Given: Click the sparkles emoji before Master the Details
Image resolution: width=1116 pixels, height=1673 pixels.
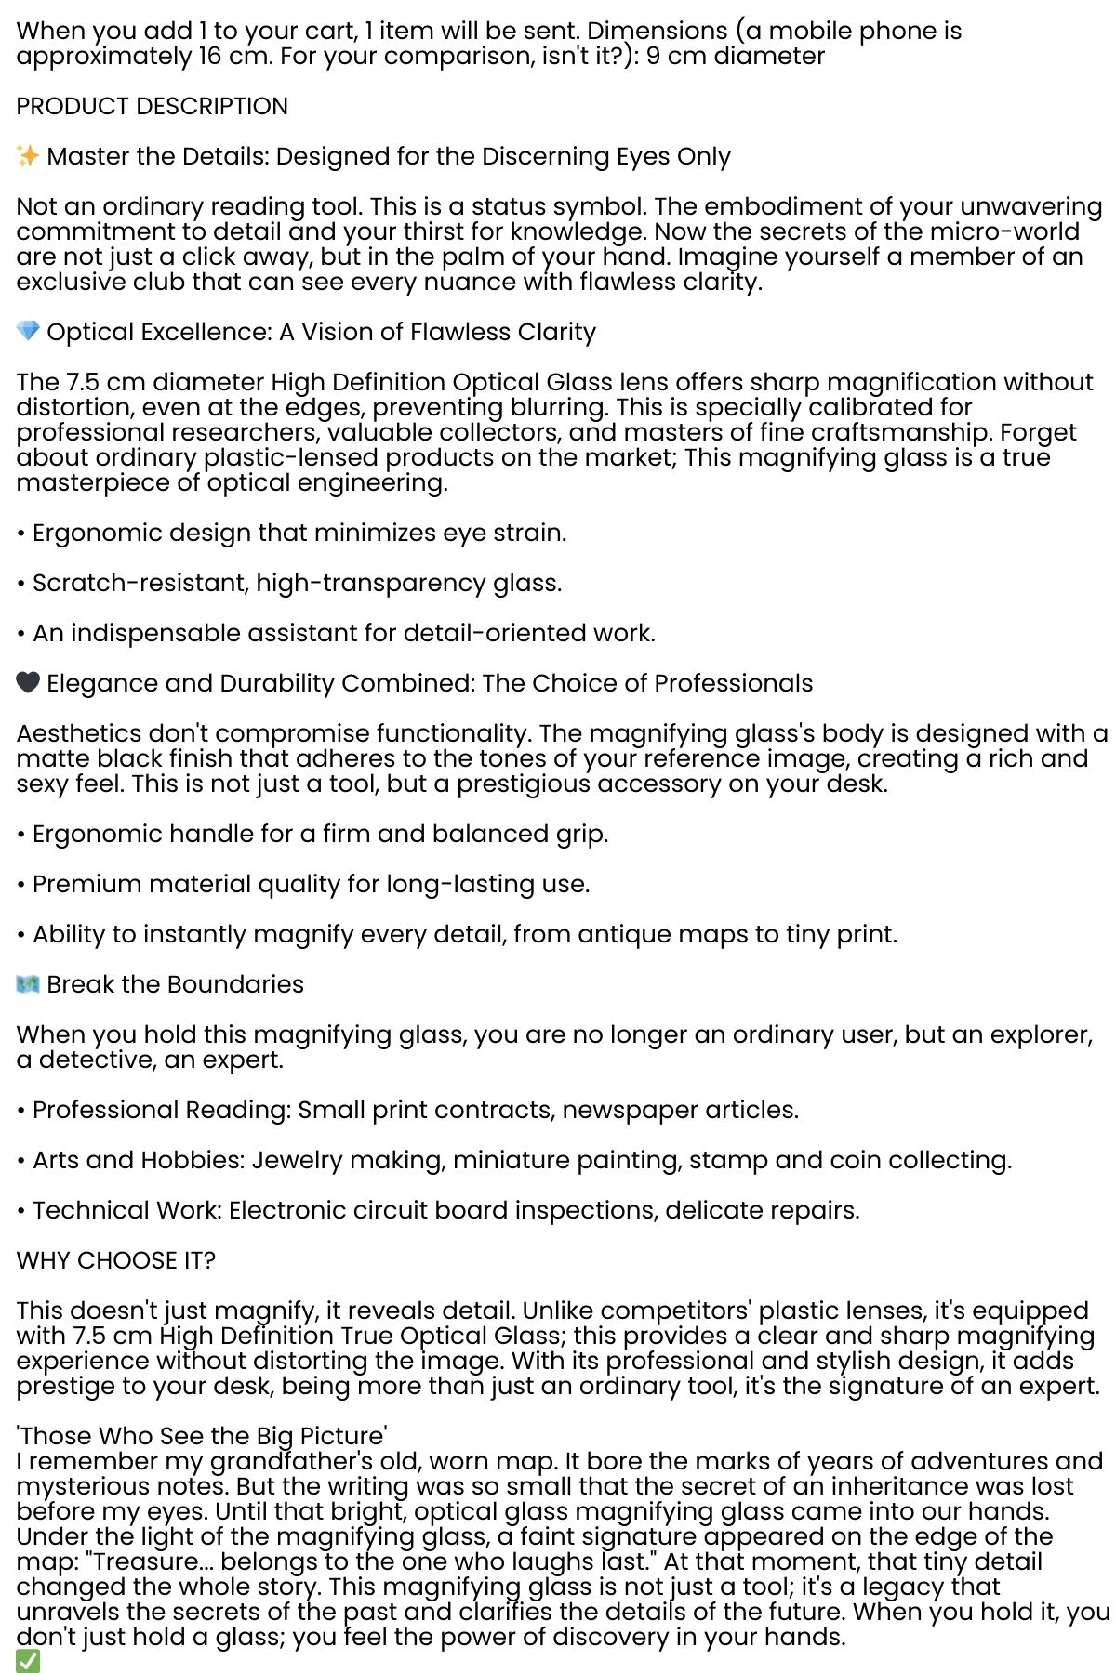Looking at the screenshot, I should click(x=28, y=156).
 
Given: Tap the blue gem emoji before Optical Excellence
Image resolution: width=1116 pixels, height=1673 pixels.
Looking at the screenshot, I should click(x=28, y=332).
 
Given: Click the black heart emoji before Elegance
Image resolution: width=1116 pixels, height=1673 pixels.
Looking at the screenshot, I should click(x=28, y=683).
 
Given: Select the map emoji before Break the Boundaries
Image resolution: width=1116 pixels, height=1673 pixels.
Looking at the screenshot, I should click(x=28, y=984).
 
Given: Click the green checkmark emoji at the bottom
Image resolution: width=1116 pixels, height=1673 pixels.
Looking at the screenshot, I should click(x=28, y=1661).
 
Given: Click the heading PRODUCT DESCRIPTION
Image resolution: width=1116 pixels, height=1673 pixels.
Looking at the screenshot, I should click(x=153, y=106).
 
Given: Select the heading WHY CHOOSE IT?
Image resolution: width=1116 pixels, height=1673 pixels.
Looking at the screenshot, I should click(x=116, y=1260).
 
